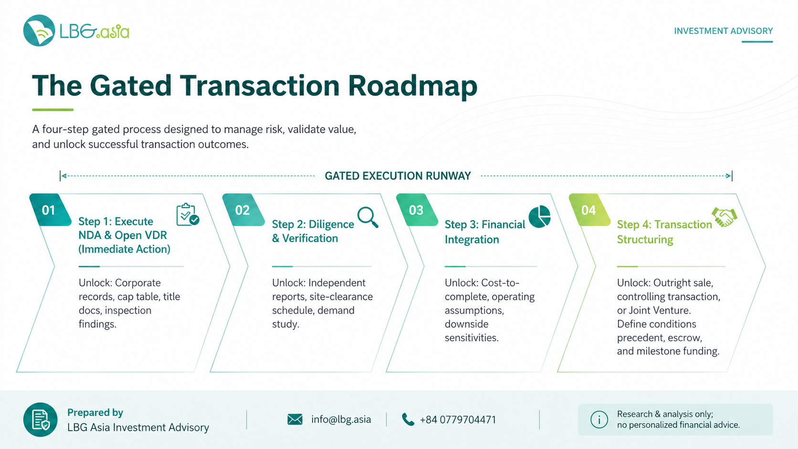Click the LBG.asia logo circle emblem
click(39, 31)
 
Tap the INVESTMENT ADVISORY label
click(723, 31)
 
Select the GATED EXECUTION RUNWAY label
click(398, 176)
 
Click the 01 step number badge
click(50, 210)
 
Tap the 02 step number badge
click(243, 210)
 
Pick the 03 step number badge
click(417, 210)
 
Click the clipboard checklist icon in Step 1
click(188, 214)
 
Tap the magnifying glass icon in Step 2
click(367, 217)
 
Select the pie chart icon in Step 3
click(539, 216)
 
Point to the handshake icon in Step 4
click(724, 217)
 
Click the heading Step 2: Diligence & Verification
click(313, 231)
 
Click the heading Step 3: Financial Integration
click(485, 232)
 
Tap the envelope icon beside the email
click(295, 419)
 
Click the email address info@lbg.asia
click(341, 419)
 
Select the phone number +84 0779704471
click(458, 420)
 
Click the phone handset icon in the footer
click(408, 419)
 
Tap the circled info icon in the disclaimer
click(599, 419)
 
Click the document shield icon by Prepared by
click(40, 419)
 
